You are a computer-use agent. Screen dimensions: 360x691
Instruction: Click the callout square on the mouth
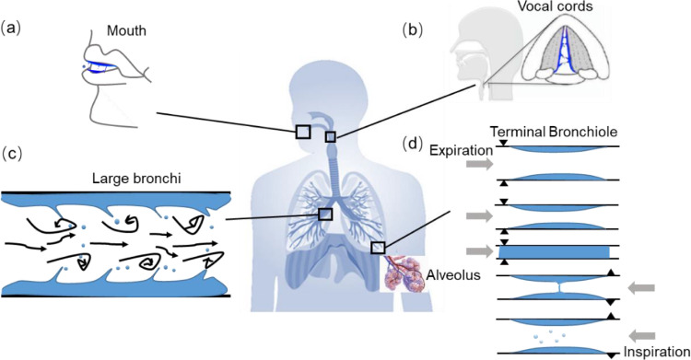coord(303,132)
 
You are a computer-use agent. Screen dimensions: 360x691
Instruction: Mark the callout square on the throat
coord(331,137)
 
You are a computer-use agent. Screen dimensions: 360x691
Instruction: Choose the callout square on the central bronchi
coord(324,214)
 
